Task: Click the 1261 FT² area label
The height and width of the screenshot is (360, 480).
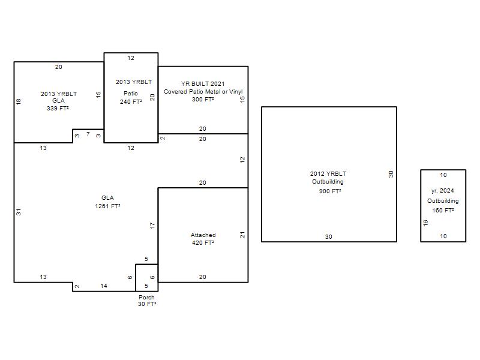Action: [107, 206]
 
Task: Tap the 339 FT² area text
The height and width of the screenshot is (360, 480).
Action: [58, 109]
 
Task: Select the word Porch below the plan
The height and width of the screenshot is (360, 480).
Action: [146, 297]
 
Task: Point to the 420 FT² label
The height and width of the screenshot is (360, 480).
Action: [203, 243]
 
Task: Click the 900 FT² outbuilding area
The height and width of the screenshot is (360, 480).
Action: [330, 191]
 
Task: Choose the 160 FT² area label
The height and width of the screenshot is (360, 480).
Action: [443, 211]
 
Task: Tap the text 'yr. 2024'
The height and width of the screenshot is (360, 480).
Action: [442, 191]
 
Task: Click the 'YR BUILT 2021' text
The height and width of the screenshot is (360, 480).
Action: [203, 83]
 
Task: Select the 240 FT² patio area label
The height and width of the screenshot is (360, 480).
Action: [131, 101]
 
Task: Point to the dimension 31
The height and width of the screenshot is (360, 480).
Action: [19, 212]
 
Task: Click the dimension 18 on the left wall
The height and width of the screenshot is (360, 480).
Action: [19, 101]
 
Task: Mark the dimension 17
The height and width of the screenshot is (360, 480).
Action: [152, 226]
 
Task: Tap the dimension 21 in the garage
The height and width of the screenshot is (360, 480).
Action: [242, 235]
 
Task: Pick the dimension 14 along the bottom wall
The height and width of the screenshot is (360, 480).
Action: [104, 286]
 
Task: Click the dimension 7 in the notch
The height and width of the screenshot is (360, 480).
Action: [88, 134]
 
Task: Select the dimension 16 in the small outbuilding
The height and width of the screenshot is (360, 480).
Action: [425, 223]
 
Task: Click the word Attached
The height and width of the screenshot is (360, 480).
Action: [203, 235]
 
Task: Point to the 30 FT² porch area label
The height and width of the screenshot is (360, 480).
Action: [147, 304]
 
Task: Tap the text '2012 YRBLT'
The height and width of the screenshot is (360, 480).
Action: [328, 173]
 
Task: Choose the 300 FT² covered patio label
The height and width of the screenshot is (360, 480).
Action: [203, 100]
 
